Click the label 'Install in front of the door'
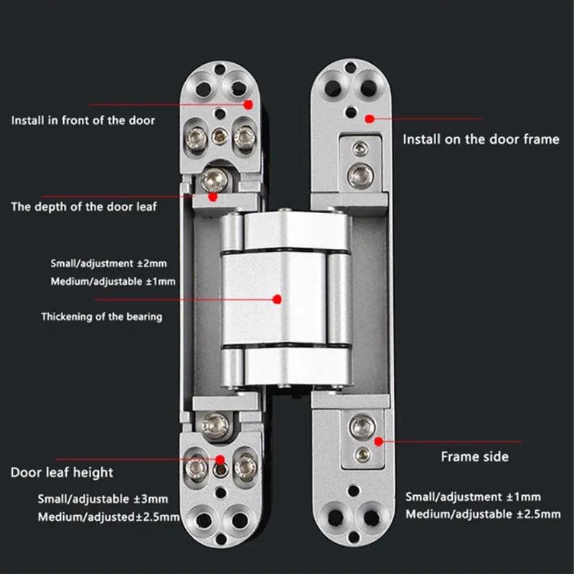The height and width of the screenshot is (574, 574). (x=83, y=120)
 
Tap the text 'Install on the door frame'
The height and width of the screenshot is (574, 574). (x=480, y=139)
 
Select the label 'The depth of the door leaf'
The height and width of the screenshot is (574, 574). (x=84, y=207)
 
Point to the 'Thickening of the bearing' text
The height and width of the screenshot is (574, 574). (x=101, y=316)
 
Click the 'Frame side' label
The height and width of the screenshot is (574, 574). (x=474, y=456)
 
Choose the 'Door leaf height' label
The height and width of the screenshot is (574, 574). (x=62, y=472)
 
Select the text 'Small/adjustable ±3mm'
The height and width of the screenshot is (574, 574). (x=103, y=499)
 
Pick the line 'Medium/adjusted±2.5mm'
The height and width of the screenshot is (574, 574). (x=108, y=517)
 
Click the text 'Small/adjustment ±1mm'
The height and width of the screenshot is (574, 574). (x=474, y=497)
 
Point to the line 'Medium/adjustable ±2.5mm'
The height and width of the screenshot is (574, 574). (x=483, y=514)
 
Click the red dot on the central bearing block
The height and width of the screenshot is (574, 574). (x=278, y=296)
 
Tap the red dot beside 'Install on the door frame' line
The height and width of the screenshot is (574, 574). (x=370, y=118)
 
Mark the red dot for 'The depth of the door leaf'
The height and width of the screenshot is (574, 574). (x=212, y=195)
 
